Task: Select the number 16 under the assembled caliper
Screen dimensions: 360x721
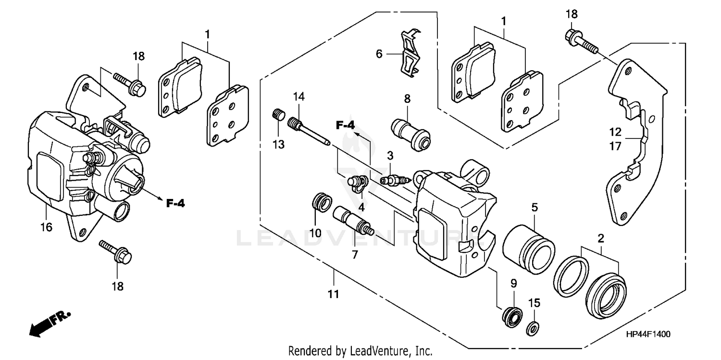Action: tap(46, 227)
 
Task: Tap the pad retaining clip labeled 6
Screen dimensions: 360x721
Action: tap(410, 53)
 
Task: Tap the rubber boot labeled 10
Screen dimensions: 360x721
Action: tap(321, 201)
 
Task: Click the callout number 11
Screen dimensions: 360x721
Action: tap(334, 294)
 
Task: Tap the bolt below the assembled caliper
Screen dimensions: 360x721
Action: tap(114, 253)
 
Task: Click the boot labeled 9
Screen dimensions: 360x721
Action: tap(512, 317)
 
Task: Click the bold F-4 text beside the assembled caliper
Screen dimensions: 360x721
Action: tap(176, 203)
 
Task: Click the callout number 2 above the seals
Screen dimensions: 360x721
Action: tap(600, 238)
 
